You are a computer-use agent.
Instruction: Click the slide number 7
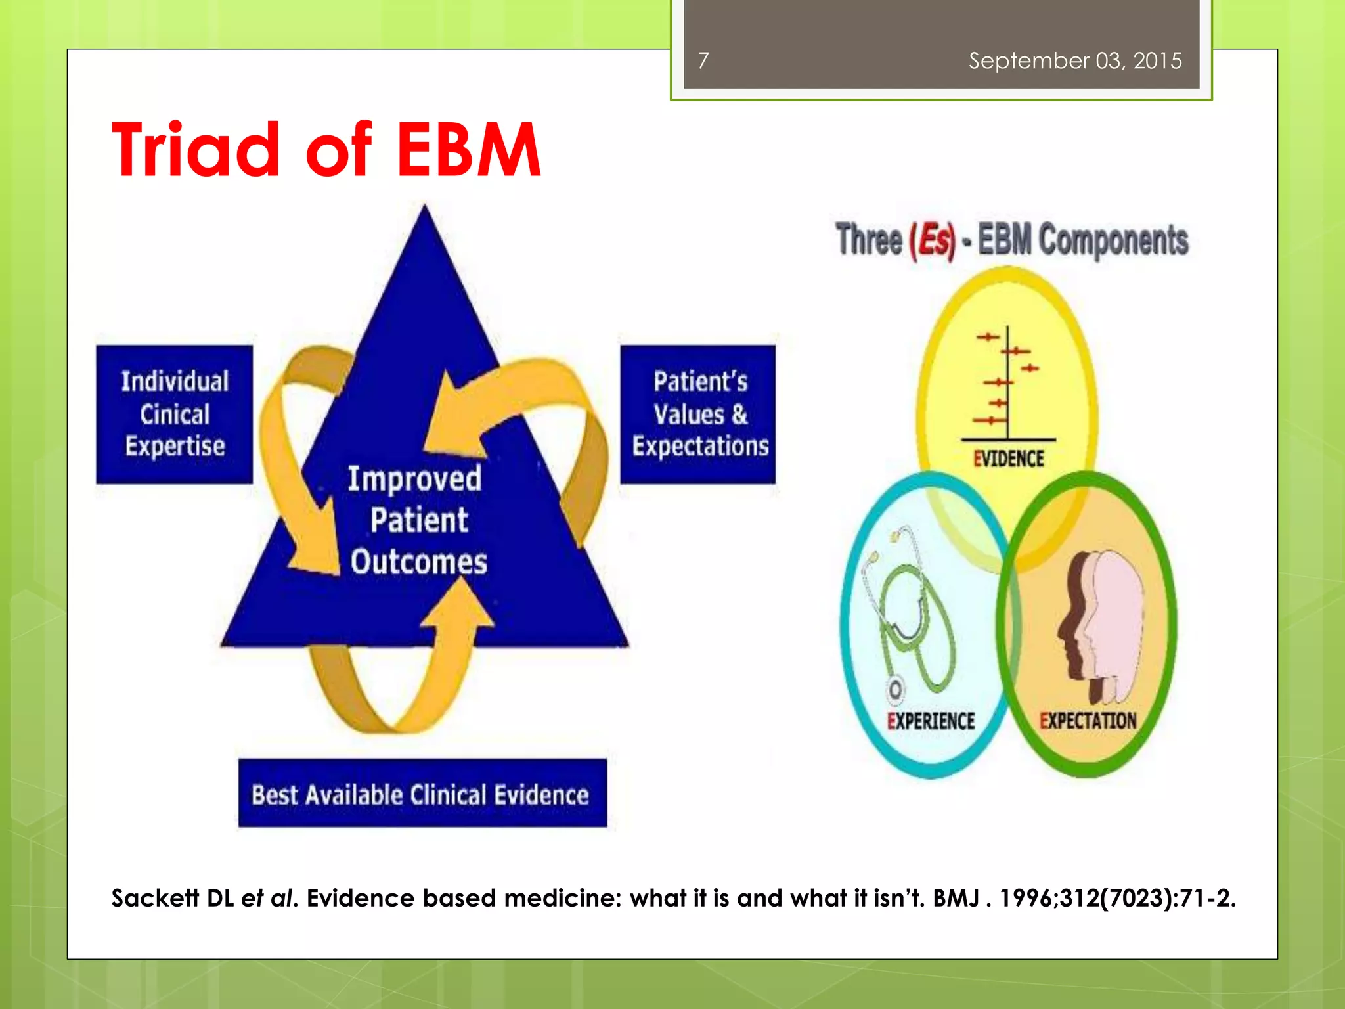[x=703, y=61]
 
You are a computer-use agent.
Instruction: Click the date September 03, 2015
[x=1075, y=61]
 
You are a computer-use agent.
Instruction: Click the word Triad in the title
[x=196, y=150]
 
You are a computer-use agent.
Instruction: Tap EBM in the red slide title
[x=469, y=150]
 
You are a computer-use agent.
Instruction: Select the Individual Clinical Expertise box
[x=175, y=415]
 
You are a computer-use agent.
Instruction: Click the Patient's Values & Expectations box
[x=698, y=415]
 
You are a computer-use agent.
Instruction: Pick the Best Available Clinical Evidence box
[x=422, y=794]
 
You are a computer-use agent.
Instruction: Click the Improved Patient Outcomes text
[x=418, y=520]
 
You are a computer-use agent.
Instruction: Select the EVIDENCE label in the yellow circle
[x=1009, y=459]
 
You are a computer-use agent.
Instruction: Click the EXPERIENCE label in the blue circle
[x=931, y=721]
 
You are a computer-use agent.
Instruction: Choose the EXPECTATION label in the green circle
[x=1088, y=721]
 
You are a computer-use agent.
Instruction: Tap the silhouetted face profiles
[x=1100, y=624]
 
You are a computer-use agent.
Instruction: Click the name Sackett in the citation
[x=154, y=898]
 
